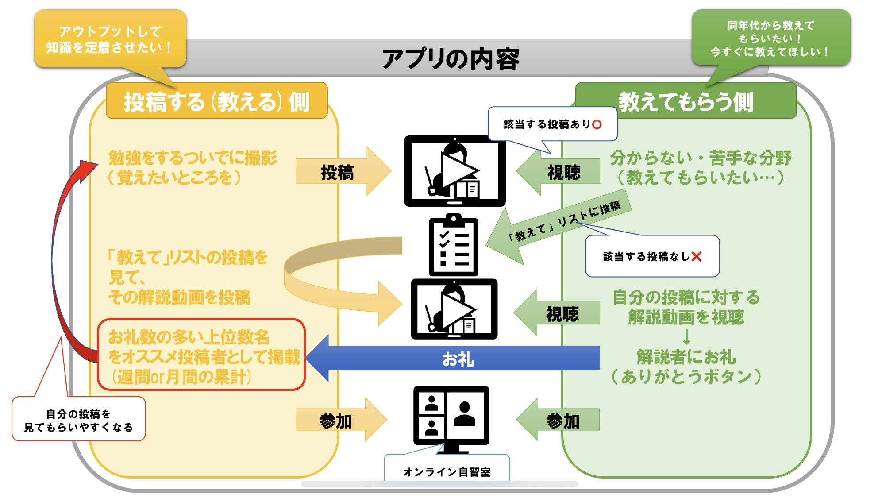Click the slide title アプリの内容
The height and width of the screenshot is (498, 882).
(450, 59)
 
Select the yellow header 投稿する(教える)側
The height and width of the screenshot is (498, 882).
(216, 101)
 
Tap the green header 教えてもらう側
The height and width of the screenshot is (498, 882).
(686, 101)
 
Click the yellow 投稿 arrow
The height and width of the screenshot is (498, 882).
(341, 171)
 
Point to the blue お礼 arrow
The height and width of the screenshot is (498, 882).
(456, 359)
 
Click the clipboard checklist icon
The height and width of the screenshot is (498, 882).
(453, 246)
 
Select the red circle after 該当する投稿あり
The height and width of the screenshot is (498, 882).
(597, 125)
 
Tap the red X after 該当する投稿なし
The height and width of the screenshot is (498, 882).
(696, 256)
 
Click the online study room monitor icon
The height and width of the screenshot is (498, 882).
(451, 418)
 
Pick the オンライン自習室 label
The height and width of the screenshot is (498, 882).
(447, 472)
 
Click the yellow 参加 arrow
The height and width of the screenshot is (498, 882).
(339, 420)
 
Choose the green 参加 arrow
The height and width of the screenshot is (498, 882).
(560, 420)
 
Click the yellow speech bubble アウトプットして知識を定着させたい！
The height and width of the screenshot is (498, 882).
(110, 39)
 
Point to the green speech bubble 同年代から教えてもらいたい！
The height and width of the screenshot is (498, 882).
(770, 39)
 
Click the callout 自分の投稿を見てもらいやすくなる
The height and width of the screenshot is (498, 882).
(78, 420)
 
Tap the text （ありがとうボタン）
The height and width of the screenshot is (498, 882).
(686, 377)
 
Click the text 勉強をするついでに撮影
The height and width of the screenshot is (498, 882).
(193, 158)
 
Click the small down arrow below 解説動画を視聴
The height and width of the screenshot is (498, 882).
(686, 338)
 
